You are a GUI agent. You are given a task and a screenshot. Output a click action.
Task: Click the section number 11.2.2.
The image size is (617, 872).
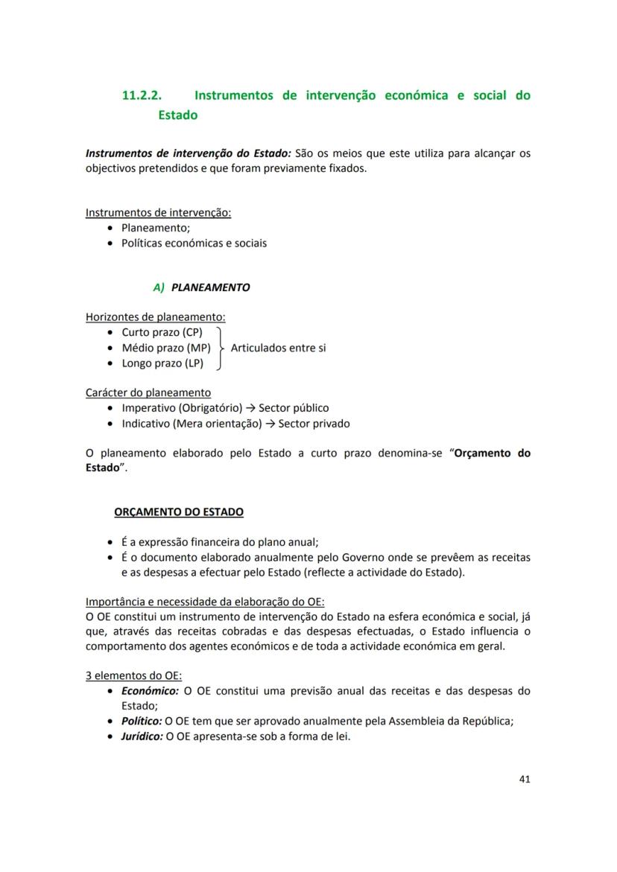pos(142,96)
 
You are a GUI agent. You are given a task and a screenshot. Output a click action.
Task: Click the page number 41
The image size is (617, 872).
pos(524,780)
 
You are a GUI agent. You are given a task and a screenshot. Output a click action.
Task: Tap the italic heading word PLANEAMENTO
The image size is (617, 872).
pos(210,287)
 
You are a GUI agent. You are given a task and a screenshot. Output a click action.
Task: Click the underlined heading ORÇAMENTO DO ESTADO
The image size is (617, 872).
pos(178,512)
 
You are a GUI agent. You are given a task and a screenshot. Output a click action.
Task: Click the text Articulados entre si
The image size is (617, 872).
pos(278,348)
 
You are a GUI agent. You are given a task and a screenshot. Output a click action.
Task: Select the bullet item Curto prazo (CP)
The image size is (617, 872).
pos(162,332)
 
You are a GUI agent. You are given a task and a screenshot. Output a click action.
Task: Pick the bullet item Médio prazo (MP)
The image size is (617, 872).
pos(165,348)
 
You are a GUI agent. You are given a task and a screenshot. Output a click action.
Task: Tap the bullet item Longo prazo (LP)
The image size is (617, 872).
pos(162,363)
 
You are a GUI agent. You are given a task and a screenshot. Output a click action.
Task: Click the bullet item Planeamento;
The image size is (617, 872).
pos(156,228)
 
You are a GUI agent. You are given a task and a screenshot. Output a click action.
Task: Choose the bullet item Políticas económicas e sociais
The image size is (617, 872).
pos(194,243)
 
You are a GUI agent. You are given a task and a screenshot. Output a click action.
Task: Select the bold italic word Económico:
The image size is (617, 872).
pos(150,690)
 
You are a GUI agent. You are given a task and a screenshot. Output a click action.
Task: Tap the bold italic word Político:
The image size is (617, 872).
pos(142,721)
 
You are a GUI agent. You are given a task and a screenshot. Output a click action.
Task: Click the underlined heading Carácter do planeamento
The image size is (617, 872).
pos(148,392)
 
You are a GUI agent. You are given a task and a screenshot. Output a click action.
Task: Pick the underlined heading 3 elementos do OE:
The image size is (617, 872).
pos(134,675)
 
